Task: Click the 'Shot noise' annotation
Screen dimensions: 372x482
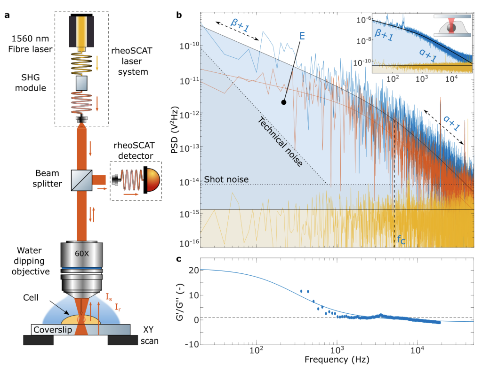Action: point(226,179)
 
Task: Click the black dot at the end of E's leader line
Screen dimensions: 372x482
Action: point(283,102)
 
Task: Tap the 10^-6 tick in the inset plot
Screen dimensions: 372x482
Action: point(363,20)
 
